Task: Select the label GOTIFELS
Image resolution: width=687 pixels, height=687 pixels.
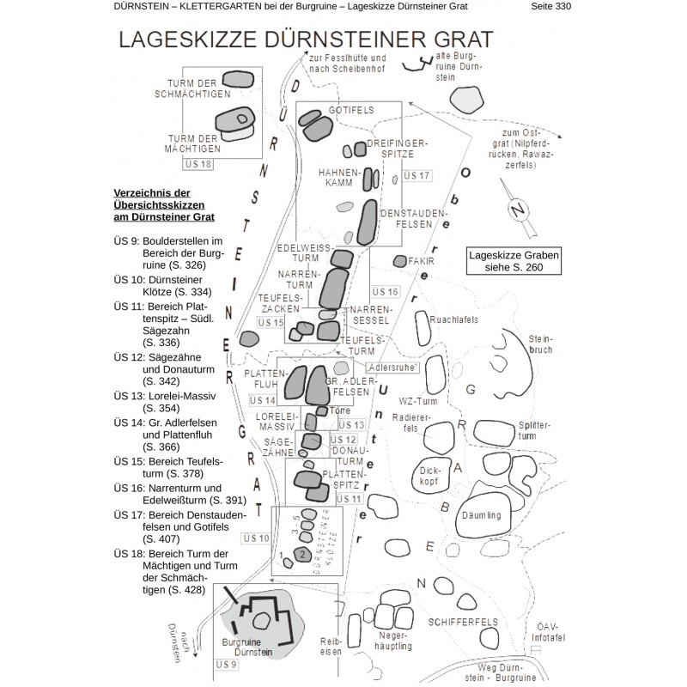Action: [x=348, y=112]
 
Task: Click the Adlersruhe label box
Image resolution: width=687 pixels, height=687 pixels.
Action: [x=391, y=366]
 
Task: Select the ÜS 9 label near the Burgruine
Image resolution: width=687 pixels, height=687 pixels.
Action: [x=226, y=665]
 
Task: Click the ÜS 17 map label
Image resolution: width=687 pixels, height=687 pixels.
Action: [x=416, y=176]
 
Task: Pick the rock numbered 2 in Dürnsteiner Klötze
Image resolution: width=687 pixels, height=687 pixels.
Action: [x=302, y=555]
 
